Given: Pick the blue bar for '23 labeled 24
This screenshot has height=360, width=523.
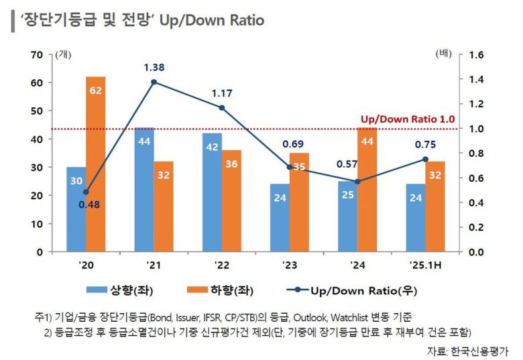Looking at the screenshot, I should click(280, 218).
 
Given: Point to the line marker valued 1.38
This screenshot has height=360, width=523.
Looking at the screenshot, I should click(154, 82).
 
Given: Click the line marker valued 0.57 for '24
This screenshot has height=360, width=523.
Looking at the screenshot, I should click(357, 182).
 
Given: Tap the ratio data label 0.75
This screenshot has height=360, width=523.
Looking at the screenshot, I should click(425, 143).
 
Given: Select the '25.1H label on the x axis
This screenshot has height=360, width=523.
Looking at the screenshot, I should click(425, 266).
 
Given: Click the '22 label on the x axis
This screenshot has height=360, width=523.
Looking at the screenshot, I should click(222, 266).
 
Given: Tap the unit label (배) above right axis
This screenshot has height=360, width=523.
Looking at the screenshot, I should click(445, 53).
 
